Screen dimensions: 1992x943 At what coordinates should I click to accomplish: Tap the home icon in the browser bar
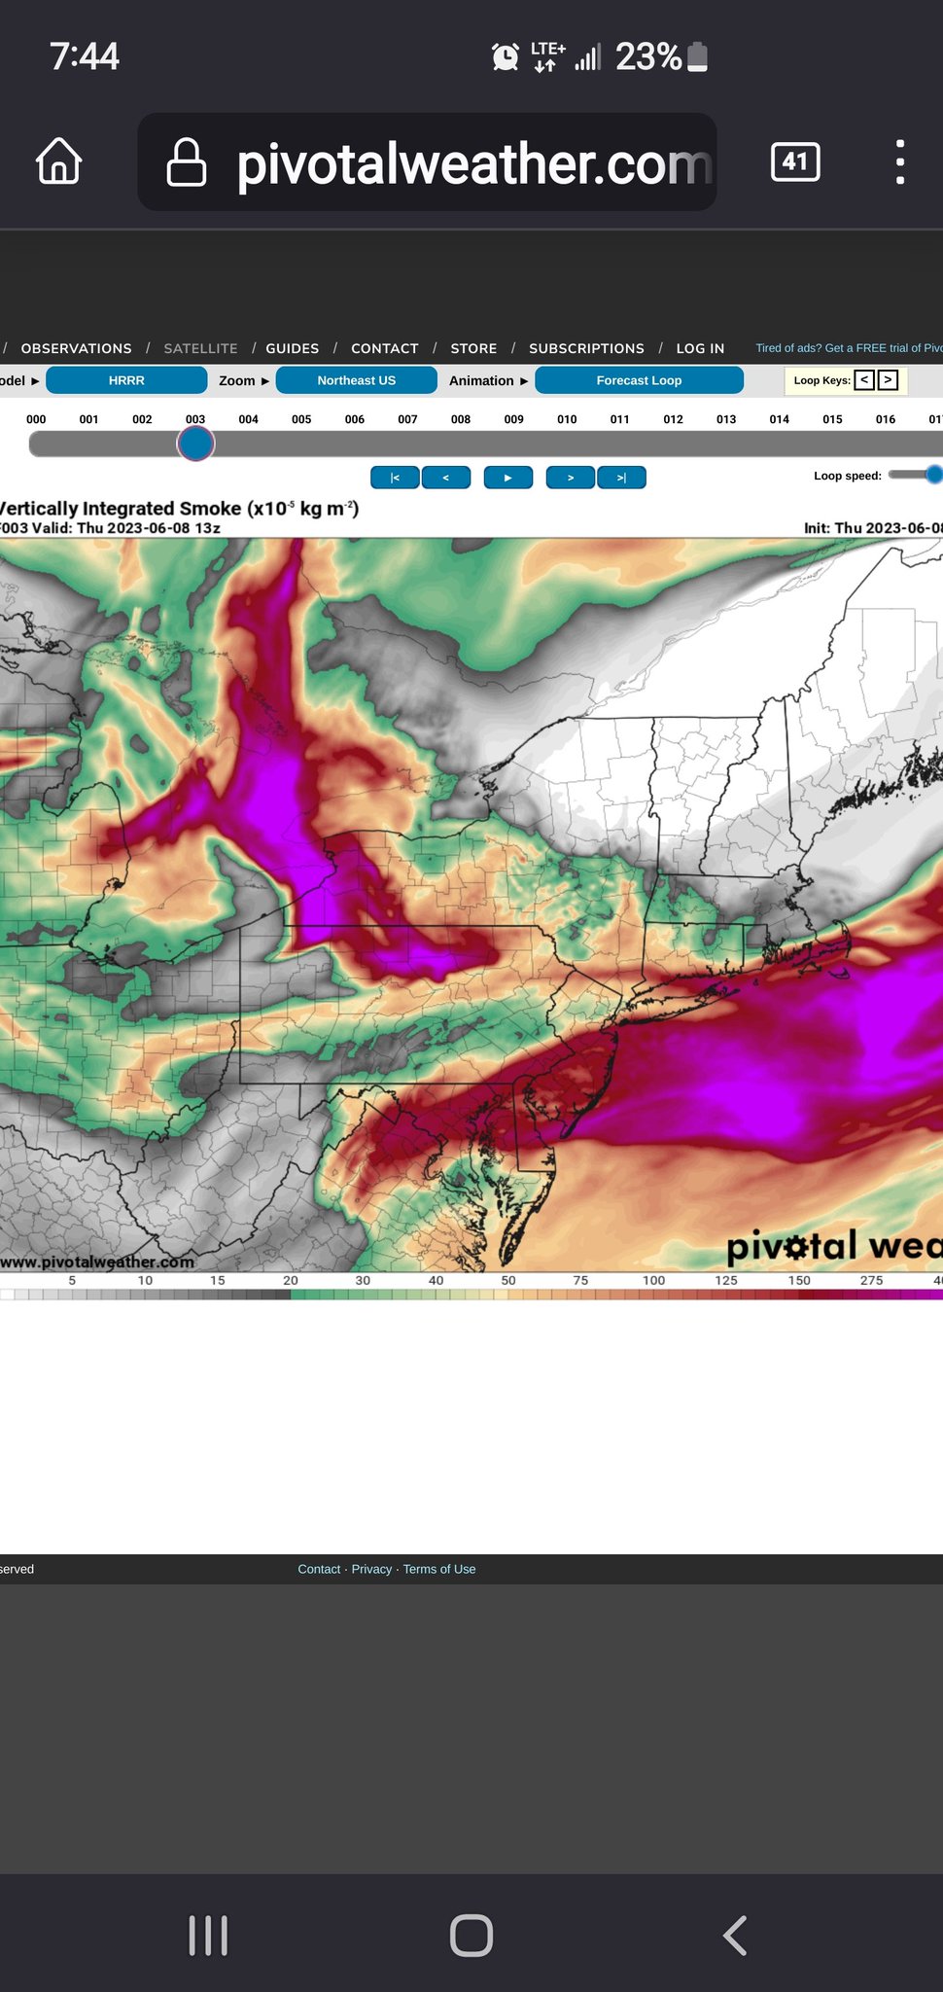59,161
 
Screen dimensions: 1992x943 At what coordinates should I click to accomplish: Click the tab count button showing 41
795,161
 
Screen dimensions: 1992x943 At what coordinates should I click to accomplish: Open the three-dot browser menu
900,161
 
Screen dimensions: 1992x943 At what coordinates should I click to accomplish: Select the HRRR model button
126,380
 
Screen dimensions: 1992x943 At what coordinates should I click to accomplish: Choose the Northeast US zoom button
356,380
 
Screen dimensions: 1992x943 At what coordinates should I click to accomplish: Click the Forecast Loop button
639,380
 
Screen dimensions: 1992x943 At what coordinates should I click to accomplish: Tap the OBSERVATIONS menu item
76,348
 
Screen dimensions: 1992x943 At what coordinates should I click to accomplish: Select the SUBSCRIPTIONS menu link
586,348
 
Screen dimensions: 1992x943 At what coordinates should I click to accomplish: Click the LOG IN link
700,348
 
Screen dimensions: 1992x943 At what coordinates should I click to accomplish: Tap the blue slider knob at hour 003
195,445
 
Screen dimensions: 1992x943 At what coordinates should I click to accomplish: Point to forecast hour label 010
567,419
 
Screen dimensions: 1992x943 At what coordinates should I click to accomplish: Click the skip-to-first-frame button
395,478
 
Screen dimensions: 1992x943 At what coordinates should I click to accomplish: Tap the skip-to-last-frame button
621,478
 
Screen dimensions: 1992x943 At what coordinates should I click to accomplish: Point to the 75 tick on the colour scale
580,1281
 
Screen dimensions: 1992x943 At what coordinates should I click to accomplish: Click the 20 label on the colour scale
291,1281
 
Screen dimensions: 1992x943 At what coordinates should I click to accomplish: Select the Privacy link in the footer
371,1569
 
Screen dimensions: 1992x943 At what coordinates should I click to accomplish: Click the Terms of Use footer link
439,1569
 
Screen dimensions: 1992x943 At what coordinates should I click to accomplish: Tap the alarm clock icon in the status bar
505,57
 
